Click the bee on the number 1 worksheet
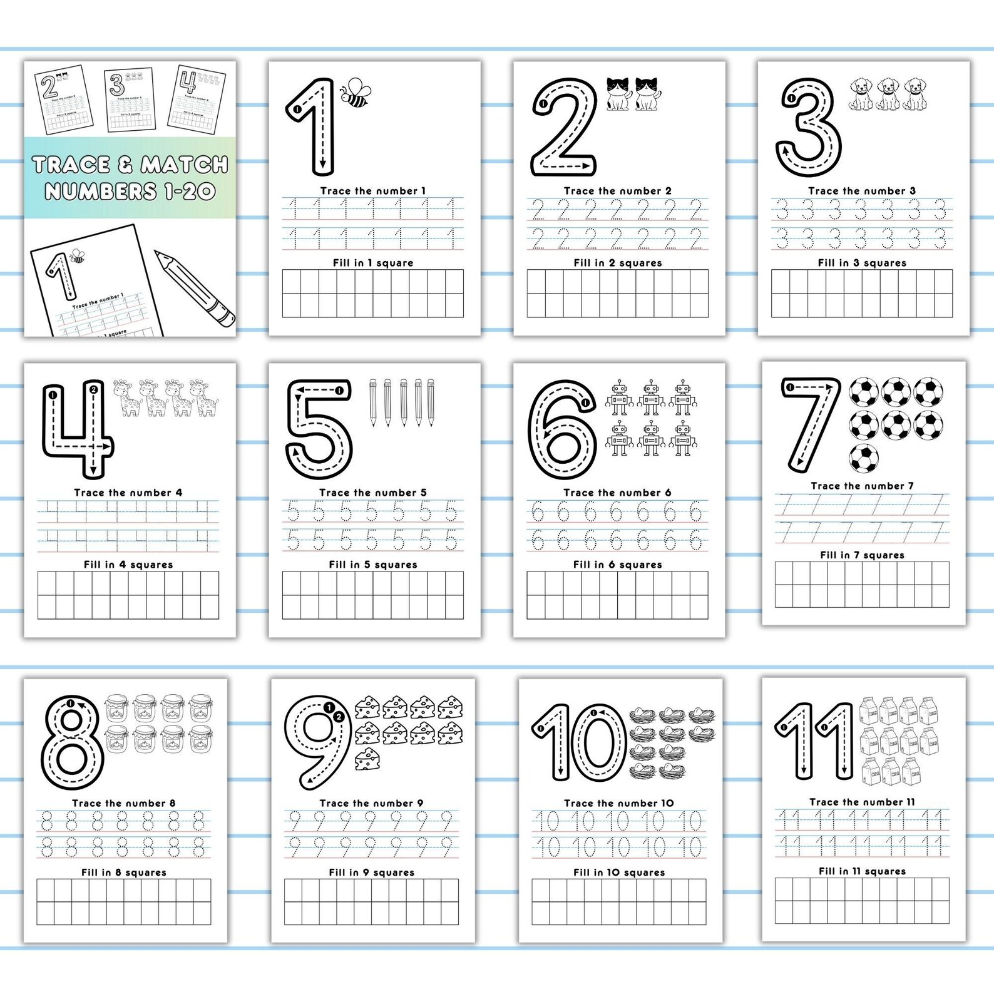(x=356, y=93)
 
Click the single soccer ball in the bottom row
(x=864, y=457)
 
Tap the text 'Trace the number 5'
(x=372, y=493)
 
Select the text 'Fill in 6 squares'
(x=617, y=565)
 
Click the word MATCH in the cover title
(x=184, y=165)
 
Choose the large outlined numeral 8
(x=71, y=743)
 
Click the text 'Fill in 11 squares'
(x=862, y=871)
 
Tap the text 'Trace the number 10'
(x=618, y=803)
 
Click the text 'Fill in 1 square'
(x=373, y=263)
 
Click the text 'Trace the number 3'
(x=861, y=191)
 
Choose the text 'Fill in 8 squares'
(x=124, y=873)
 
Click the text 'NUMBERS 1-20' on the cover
(x=130, y=191)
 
